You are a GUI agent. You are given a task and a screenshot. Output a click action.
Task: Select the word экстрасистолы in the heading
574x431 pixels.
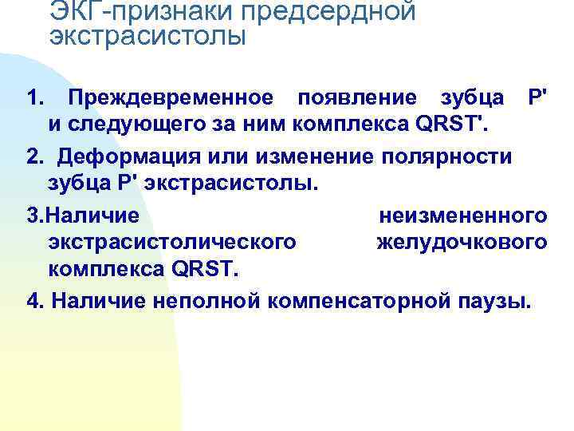pyautogui.click(x=147, y=37)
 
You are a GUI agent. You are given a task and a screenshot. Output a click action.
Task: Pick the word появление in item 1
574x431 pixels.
pyautogui.click(x=356, y=98)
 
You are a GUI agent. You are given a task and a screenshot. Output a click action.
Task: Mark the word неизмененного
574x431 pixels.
pyautogui.click(x=462, y=215)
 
